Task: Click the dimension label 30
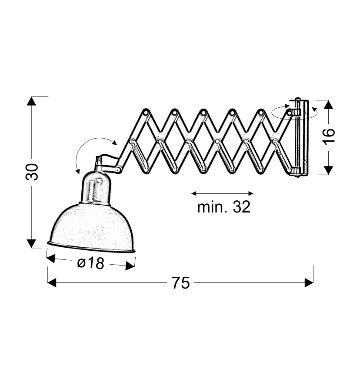32,172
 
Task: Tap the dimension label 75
180,283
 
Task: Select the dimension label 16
329,136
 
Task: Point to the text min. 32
223,207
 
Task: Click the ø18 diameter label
91,263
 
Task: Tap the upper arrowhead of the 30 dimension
31,101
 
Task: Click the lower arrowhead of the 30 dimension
31,244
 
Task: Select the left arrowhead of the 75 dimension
52,282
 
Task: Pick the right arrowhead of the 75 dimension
309,282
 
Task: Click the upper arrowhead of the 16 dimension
328,105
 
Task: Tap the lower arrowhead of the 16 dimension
328,170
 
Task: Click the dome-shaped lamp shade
91,228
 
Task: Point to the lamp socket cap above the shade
96,188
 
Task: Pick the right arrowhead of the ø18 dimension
130,266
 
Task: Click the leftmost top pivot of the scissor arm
146,112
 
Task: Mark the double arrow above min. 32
222,193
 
